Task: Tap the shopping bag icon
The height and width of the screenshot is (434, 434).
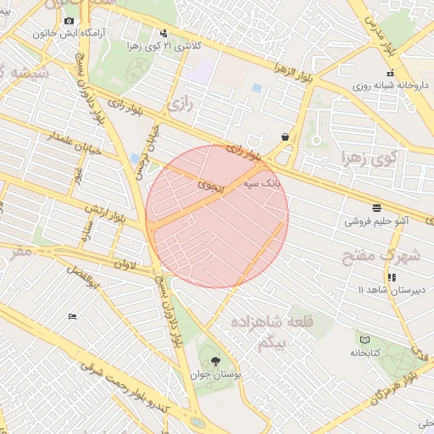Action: point(285,136)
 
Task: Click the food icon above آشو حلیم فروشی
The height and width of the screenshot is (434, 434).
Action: point(376,207)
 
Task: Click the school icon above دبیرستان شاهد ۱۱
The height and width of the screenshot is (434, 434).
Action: point(391,276)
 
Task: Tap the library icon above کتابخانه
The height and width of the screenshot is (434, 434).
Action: point(364,339)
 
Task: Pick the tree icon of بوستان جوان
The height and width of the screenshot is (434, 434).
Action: point(214,360)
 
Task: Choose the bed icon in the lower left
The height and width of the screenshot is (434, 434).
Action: point(72,316)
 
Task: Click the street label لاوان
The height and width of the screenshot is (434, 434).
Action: point(125,264)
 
